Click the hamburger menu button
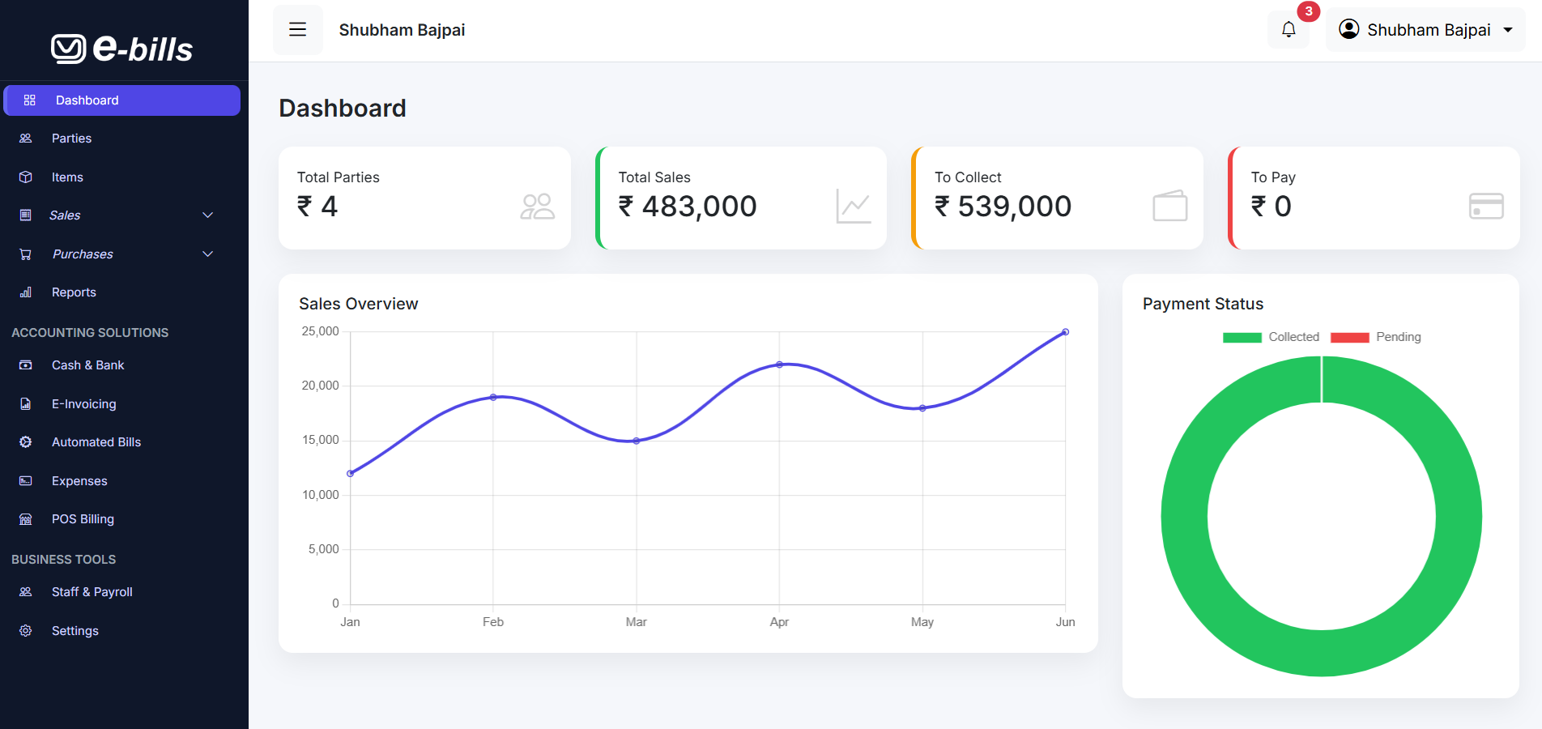pos(297,30)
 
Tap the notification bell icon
pos(1288,30)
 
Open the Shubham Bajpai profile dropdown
pos(1425,30)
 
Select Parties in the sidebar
pos(71,139)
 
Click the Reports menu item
pos(74,292)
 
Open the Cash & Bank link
pos(87,365)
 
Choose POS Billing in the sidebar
pos(83,519)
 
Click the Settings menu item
pos(75,631)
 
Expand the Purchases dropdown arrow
pos(208,254)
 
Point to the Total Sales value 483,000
pos(698,207)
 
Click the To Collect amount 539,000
pos(1014,207)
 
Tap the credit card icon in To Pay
pos(1485,206)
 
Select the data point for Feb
pos(493,397)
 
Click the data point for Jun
pos(1065,332)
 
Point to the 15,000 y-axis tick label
pos(320,440)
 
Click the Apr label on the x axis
pos(779,622)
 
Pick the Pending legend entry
pos(1377,337)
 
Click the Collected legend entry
pos(1272,337)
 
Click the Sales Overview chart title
pos(358,304)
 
